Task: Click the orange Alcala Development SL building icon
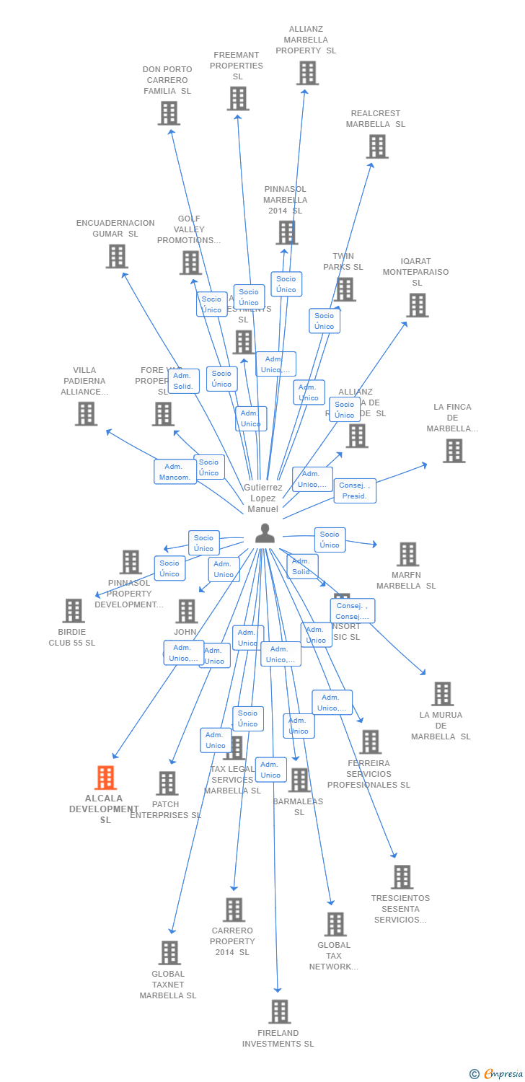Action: [105, 778]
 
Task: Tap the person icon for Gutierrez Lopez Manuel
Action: [265, 533]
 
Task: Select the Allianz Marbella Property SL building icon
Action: [307, 73]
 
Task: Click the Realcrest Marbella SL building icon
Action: [376, 146]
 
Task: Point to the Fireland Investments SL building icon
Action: [279, 1011]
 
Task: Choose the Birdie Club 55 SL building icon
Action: [73, 610]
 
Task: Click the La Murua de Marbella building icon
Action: [442, 693]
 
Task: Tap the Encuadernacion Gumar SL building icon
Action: [116, 256]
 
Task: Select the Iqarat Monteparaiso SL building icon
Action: [417, 305]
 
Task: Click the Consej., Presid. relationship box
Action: [355, 491]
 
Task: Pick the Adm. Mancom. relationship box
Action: [175, 472]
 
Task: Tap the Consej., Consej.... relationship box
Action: [353, 611]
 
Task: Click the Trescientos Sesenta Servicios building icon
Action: [402, 877]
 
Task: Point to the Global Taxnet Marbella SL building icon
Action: [169, 952]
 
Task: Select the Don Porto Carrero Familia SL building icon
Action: [169, 113]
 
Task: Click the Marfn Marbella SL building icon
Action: [407, 554]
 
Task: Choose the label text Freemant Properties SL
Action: [237, 66]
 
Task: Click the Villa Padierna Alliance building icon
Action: [86, 413]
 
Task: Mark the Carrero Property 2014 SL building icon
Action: [234, 910]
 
